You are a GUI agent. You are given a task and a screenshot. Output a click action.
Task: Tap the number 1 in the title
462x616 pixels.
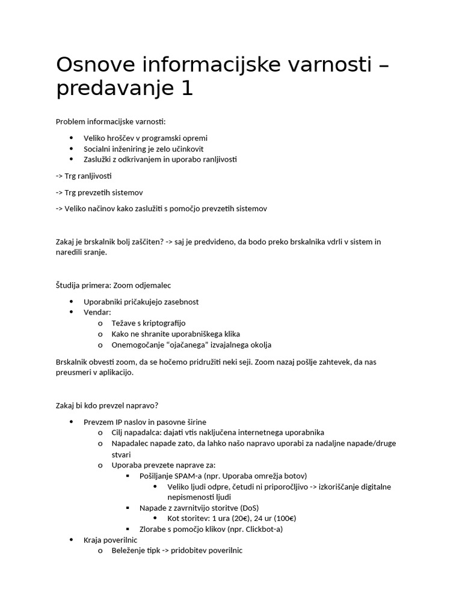click(186, 89)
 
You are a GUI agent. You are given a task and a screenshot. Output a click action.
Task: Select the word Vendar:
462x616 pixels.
click(97, 312)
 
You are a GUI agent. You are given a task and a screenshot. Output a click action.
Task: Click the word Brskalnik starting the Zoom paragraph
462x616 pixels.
click(75, 362)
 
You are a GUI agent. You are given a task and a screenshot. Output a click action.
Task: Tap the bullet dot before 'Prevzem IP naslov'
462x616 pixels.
click(71, 422)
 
